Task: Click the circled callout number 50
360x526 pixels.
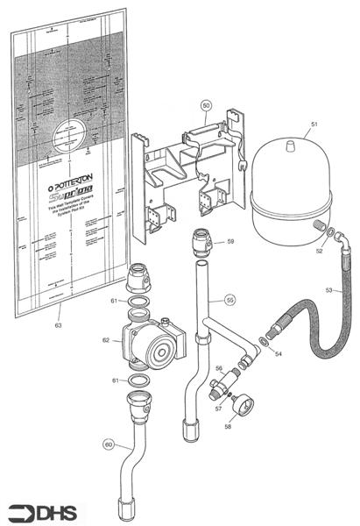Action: (x=206, y=105)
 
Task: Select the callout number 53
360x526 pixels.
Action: (x=329, y=289)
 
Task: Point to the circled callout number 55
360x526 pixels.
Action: (x=229, y=300)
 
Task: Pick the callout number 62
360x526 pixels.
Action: (x=106, y=340)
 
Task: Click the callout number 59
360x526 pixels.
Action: (x=230, y=241)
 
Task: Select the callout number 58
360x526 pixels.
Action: (x=229, y=428)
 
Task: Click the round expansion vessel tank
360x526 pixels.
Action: (x=288, y=188)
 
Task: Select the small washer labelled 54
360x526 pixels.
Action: (x=264, y=340)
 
